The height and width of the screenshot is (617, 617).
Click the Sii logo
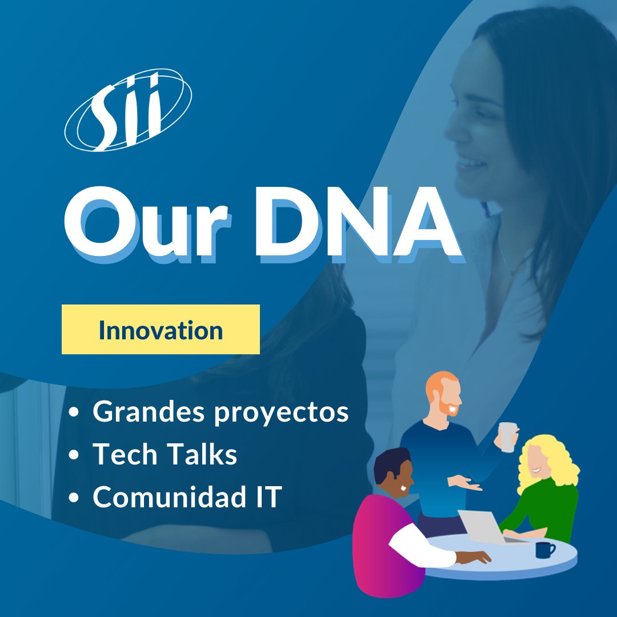tap(128, 110)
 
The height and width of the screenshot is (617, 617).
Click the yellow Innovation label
tap(161, 330)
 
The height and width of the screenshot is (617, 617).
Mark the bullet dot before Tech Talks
tap(74, 455)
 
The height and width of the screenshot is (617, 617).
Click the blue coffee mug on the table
tap(544, 550)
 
